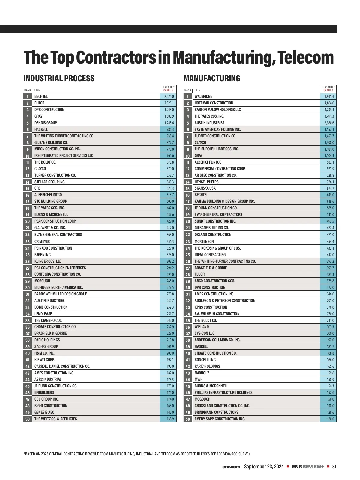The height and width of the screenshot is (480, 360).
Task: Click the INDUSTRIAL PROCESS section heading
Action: coord(59,79)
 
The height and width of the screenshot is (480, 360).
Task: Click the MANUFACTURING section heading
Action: coord(212,79)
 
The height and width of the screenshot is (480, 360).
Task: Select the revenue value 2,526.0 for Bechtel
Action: coord(169,97)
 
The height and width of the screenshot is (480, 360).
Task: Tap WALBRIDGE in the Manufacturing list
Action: coord(203,97)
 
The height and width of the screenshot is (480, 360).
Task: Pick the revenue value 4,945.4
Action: coord(329,97)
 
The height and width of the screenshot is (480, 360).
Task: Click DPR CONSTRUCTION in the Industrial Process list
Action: coord(49,110)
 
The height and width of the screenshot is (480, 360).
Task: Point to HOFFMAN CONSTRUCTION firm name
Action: coord(214,103)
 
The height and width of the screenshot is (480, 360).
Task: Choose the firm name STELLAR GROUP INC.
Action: coord(50,182)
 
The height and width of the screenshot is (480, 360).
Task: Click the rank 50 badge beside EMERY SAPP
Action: coord(188,419)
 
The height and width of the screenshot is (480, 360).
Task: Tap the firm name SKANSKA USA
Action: coord(205,188)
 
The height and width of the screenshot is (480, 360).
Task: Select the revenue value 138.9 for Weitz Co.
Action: coord(170,419)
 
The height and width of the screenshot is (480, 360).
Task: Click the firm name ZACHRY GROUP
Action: coord(46,347)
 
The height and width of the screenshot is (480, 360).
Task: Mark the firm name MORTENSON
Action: coord(204,242)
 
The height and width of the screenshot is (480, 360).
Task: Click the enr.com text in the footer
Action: coord(231,467)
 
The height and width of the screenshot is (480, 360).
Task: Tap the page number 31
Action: coord(334,467)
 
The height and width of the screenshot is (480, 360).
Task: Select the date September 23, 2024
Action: coord(264,467)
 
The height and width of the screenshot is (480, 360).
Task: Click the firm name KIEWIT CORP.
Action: coord(44,360)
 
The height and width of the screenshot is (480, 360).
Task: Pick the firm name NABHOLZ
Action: coord(202,373)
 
